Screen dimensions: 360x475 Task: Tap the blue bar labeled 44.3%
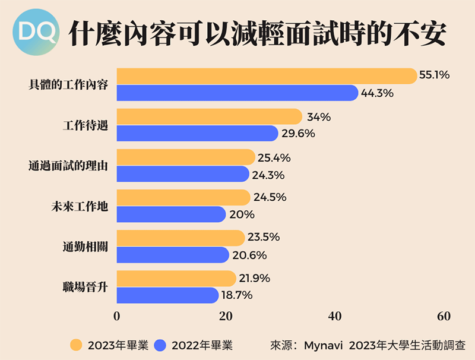coord(237,93)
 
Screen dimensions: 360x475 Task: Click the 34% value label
coord(319,117)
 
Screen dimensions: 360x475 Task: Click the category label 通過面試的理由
coord(68,166)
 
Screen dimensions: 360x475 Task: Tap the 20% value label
coord(242,214)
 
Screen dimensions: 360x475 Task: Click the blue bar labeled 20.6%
coord(172,255)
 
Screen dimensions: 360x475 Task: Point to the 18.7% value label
coord(236,295)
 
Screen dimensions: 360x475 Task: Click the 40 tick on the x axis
coord(335,316)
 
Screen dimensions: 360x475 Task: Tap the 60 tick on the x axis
coord(444,316)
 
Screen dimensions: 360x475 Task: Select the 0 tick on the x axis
coord(116,316)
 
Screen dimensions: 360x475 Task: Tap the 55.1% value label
coord(435,76)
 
